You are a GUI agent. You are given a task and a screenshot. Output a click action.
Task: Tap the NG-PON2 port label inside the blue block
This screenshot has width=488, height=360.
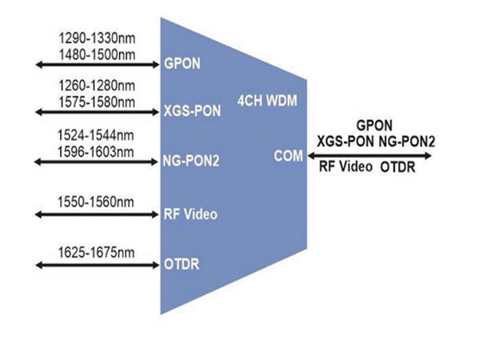click(x=191, y=162)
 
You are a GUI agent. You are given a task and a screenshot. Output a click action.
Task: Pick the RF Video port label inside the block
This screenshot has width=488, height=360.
click(x=190, y=214)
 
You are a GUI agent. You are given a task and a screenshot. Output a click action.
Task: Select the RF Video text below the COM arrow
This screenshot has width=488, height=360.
click(x=341, y=170)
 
